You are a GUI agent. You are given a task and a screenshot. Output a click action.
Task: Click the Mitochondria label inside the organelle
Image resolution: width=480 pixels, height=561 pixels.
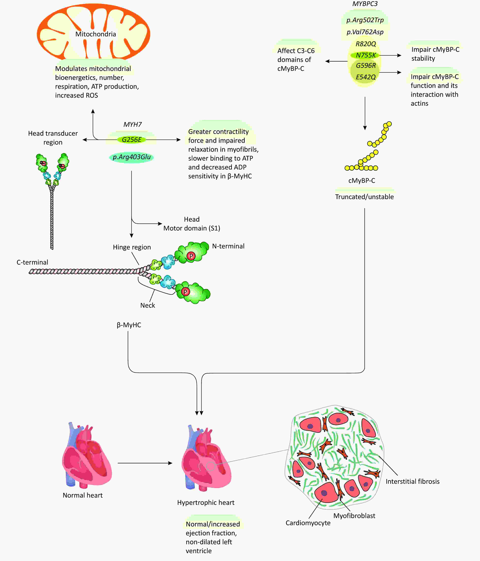pyautogui.click(x=95, y=34)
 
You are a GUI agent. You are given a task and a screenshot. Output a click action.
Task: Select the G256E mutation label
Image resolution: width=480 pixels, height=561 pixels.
pyautogui.click(x=132, y=140)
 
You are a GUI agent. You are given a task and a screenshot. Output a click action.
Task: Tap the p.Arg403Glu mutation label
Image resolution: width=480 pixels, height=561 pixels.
pyautogui.click(x=132, y=157)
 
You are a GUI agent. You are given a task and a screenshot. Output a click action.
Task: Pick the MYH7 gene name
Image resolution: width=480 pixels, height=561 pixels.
pyautogui.click(x=132, y=125)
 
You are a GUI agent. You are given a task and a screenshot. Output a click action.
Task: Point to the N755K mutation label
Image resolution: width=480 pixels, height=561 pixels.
pyautogui.click(x=366, y=55)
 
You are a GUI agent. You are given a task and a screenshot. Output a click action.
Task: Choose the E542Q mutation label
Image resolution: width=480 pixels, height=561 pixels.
pyautogui.click(x=366, y=77)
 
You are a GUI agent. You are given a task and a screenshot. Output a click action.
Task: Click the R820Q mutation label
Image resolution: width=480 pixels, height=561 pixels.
pyautogui.click(x=366, y=44)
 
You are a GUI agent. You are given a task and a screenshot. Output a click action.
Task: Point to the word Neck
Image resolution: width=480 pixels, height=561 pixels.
pyautogui.click(x=148, y=305)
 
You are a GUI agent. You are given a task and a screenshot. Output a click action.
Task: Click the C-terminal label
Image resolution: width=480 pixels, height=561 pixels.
pyautogui.click(x=33, y=262)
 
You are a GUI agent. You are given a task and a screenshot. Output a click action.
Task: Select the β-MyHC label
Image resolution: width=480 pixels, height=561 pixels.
pyautogui.click(x=129, y=325)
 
